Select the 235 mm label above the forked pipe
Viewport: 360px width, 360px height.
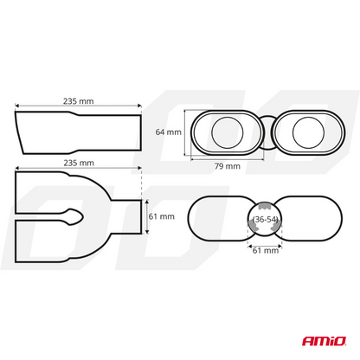click(78, 161)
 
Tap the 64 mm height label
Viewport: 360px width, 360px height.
click(168, 132)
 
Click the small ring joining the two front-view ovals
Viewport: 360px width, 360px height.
click(268, 132)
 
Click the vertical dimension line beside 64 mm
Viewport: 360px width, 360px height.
click(185, 132)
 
